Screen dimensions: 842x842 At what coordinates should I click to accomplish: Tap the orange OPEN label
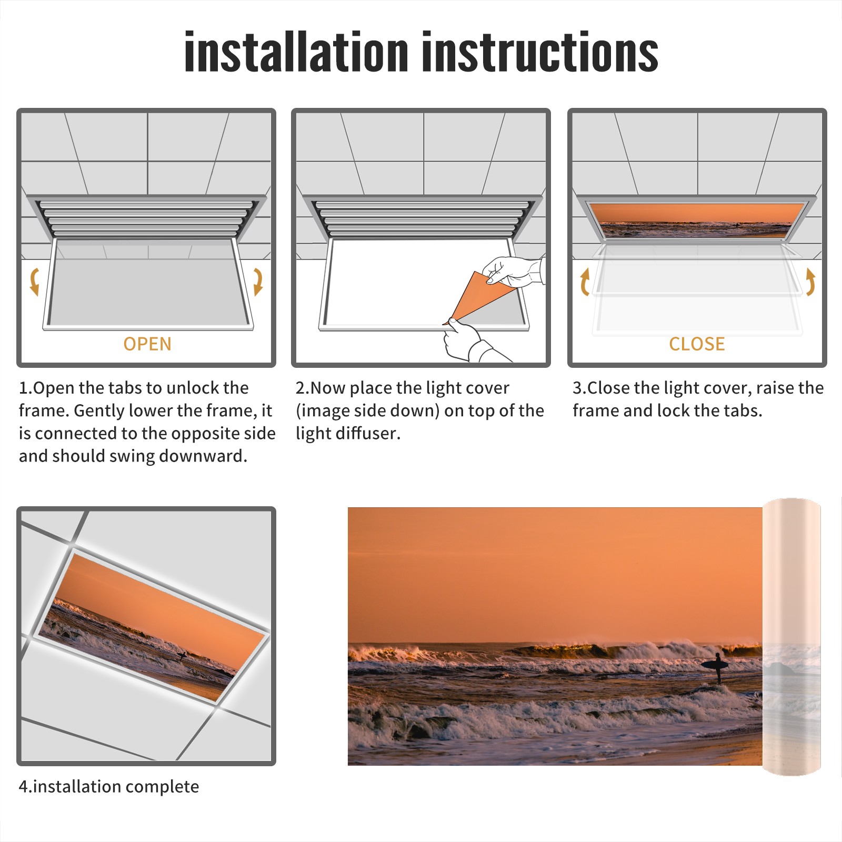(147, 344)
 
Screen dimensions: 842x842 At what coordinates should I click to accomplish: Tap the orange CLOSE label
(697, 344)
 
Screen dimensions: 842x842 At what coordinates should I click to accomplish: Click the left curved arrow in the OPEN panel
(34, 282)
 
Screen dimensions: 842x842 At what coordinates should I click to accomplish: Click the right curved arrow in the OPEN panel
(258, 282)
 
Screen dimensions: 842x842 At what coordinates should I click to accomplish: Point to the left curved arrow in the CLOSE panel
(584, 282)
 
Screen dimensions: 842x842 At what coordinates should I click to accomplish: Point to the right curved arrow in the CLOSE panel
(810, 282)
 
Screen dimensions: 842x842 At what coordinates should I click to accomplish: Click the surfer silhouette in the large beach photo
(716, 667)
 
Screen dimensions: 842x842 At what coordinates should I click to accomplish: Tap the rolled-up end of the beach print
(791, 637)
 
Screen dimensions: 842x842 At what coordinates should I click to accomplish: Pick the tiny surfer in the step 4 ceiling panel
(182, 656)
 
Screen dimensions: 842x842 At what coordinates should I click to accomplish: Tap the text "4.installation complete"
(109, 787)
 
